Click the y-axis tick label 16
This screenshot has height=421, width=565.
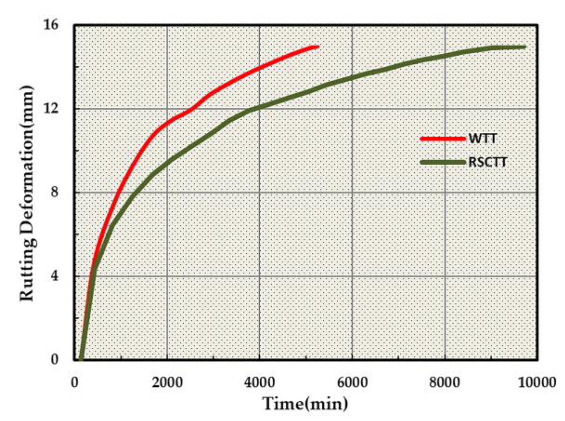[x=51, y=24]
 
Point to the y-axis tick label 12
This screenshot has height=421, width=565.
[x=51, y=109]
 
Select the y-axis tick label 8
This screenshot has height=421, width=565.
[x=54, y=192]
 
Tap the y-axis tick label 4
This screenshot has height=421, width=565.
[x=54, y=276]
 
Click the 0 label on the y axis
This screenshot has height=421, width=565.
[x=54, y=359]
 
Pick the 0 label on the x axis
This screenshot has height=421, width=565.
[x=74, y=383]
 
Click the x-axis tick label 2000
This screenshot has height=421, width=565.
[x=167, y=383]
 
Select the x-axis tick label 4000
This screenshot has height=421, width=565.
[x=260, y=383]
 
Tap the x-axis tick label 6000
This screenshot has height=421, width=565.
[x=352, y=383]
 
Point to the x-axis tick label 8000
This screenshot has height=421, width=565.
[x=445, y=383]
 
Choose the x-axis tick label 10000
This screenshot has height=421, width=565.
[x=537, y=383]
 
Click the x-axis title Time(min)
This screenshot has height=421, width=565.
[x=305, y=404]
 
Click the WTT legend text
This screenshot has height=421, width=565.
[x=482, y=139]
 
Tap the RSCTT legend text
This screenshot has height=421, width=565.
[x=488, y=162]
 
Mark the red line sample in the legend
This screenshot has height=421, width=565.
[x=443, y=139]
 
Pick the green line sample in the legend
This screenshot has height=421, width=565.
[x=443, y=162]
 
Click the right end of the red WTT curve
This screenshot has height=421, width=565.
[x=317, y=47]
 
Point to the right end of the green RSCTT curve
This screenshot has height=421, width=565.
[x=524, y=47]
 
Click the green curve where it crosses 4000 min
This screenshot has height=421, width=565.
[x=260, y=107]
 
